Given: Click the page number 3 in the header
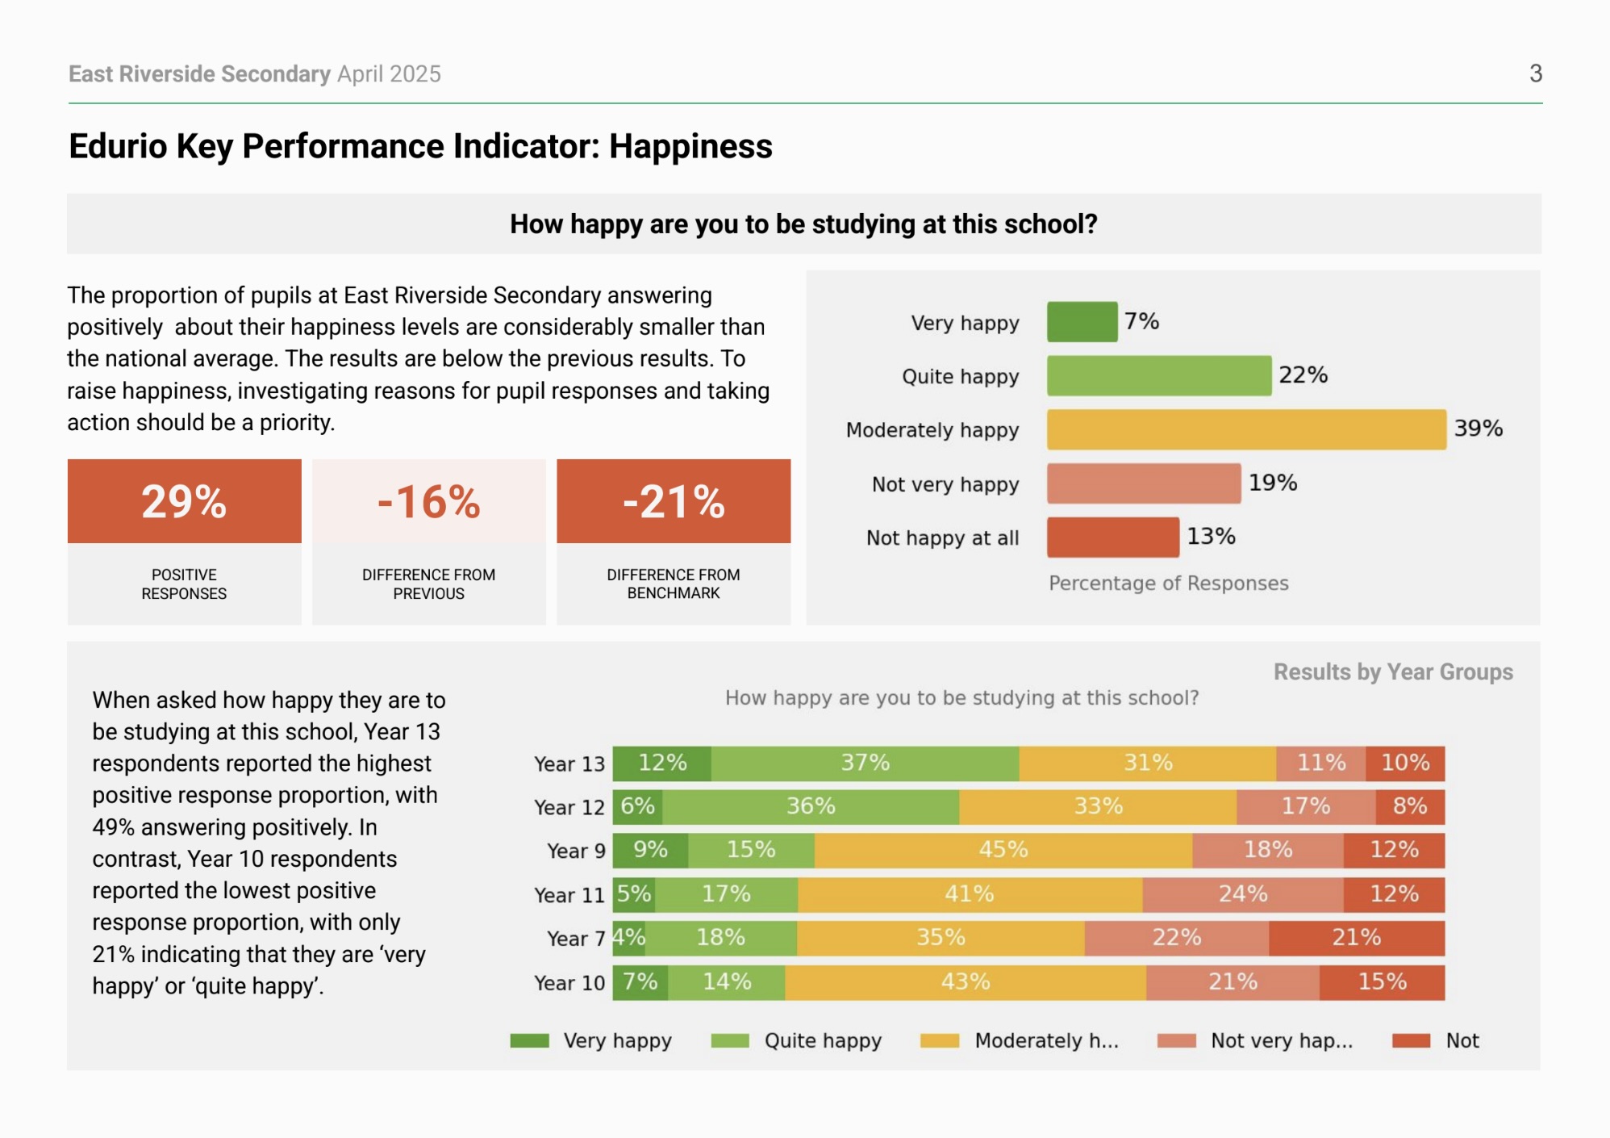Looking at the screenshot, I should (1535, 73).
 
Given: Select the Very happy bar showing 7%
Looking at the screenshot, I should (1082, 322).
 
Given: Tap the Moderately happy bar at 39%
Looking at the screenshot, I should (1245, 429).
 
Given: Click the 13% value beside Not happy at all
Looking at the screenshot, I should (1211, 537).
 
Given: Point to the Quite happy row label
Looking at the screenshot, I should (960, 377).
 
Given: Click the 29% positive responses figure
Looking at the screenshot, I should (184, 501).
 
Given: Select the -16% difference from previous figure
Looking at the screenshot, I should (428, 501).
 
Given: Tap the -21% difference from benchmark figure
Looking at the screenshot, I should (674, 501).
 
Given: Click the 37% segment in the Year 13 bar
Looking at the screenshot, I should (865, 764).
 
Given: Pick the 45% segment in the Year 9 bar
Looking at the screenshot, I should (1003, 851).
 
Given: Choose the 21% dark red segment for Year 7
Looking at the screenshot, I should (1356, 938).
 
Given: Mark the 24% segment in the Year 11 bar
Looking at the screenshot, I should (1242, 894).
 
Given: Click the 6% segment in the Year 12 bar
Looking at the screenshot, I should (637, 807).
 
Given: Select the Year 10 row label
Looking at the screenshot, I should (569, 983).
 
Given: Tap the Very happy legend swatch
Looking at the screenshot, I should (529, 1041).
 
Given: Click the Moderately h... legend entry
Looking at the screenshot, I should (1045, 1041).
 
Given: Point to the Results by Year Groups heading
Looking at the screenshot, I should (1392, 672).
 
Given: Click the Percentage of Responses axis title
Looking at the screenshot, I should (1168, 584).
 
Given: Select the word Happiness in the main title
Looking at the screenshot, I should (690, 147).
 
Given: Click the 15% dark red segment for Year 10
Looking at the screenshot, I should (1382, 982).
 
